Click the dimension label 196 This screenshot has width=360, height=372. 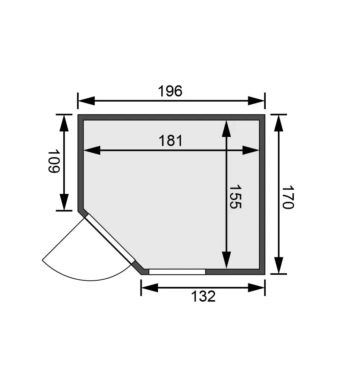pos(170,91)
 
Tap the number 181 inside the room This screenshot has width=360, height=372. pos(171,141)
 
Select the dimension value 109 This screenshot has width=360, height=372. pos(54,161)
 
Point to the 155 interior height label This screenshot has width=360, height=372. pos(235,197)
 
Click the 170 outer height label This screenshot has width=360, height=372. pos(288,197)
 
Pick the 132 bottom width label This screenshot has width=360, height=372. pos(203,296)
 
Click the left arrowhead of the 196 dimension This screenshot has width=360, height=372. pos(86,101)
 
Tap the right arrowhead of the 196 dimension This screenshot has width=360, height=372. pos(256,101)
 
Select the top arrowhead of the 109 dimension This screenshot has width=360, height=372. pos(64,123)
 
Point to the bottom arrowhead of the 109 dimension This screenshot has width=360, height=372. pos(64,202)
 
